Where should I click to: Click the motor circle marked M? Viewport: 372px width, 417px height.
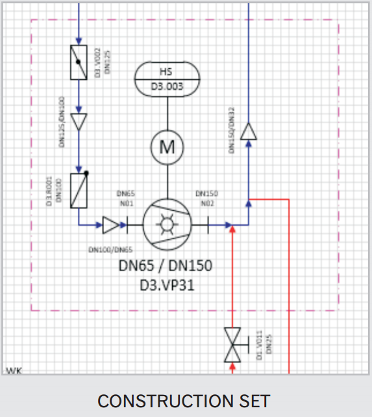167,147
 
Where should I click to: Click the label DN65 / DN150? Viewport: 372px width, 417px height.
165,267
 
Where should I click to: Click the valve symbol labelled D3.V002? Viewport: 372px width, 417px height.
79,62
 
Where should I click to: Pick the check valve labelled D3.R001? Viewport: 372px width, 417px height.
79,189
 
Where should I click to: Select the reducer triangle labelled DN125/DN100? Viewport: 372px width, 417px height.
79,122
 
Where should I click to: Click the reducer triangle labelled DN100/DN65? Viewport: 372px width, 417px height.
111,225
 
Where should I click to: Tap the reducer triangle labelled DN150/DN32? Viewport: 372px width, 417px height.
249,132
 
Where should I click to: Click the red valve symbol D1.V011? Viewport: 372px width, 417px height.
232,344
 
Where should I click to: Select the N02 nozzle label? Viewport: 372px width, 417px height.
206,202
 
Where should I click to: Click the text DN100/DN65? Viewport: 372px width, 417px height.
110,249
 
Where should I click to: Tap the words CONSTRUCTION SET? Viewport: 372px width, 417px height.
184,400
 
